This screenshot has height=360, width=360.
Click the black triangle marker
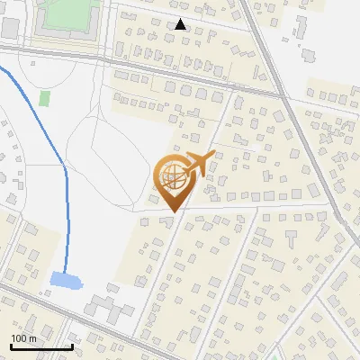click(x=181, y=24)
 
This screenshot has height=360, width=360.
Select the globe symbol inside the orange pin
click(x=171, y=178)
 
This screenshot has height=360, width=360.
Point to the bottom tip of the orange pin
click(x=171, y=211)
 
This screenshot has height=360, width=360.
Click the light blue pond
click(x=66, y=281)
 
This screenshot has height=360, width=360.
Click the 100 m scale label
click(x=23, y=338)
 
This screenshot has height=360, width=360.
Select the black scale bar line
click(x=41, y=346)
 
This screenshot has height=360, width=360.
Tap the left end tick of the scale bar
click(x=11, y=345)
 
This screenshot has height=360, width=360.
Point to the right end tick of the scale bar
click(x=72, y=345)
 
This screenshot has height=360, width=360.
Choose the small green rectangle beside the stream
click(x=44, y=98)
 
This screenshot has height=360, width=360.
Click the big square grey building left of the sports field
click(x=10, y=27)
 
